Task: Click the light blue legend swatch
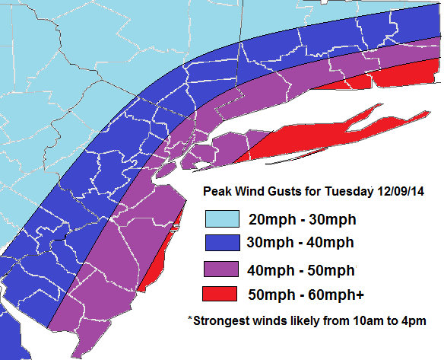[x=221, y=218]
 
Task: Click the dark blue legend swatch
[x=221, y=244]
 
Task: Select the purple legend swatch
[x=221, y=269]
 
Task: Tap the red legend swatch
[x=221, y=295]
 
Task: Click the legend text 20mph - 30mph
[x=302, y=219]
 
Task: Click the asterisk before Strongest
[x=190, y=319]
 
